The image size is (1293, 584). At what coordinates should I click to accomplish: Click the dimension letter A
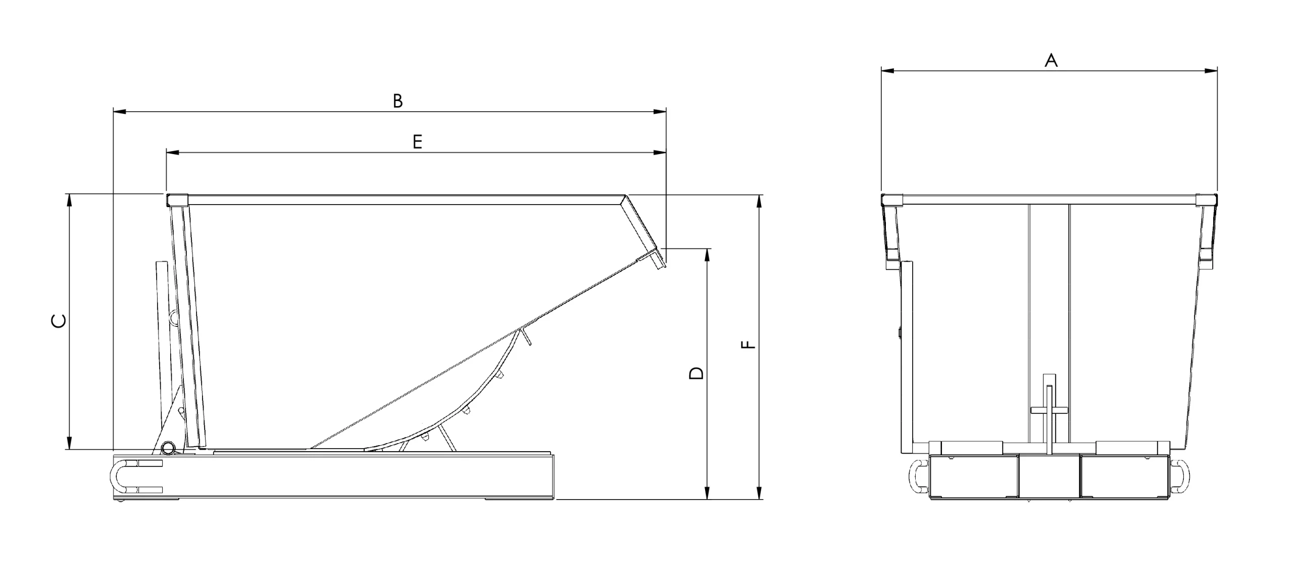(x=1051, y=60)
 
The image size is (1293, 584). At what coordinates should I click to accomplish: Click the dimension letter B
(x=398, y=101)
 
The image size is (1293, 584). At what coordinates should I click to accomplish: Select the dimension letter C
(x=59, y=321)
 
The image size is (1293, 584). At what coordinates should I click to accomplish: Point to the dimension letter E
(x=417, y=142)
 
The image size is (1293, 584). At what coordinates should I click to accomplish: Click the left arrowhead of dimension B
(x=120, y=112)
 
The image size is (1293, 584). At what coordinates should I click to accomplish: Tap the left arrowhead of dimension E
(x=173, y=152)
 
